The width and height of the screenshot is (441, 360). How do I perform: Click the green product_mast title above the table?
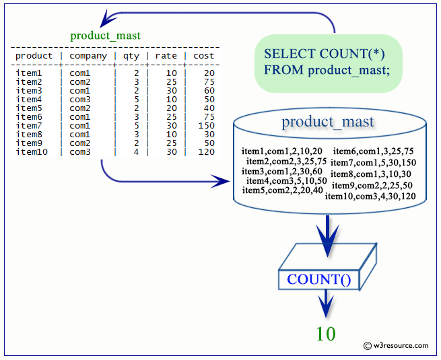(105, 36)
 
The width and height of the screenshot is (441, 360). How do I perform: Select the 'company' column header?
(88, 57)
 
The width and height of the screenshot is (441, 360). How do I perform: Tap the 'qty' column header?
(131, 57)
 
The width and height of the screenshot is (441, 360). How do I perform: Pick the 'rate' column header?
(166, 56)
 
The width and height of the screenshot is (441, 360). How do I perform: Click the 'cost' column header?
(203, 56)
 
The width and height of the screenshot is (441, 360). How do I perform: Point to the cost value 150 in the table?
(207, 126)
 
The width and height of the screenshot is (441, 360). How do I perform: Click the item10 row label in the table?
(32, 152)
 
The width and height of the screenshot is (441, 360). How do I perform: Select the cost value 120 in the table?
(207, 152)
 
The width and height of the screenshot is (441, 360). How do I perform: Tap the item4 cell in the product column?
(29, 100)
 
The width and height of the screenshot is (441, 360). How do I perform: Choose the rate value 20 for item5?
(171, 108)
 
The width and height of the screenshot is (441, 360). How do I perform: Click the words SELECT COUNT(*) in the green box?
(325, 54)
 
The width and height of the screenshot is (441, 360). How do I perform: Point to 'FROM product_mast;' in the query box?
(327, 70)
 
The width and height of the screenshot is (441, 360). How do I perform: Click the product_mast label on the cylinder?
(328, 122)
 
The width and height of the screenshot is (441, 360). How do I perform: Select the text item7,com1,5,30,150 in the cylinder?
(373, 162)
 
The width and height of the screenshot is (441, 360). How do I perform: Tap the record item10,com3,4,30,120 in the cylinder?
(370, 196)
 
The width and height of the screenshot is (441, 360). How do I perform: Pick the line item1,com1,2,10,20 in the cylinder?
(282, 151)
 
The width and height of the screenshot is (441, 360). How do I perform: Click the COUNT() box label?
(319, 279)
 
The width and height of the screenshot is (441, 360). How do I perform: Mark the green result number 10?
(326, 334)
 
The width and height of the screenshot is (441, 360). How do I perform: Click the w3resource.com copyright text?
(396, 346)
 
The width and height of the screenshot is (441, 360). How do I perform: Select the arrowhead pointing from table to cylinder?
(221, 182)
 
